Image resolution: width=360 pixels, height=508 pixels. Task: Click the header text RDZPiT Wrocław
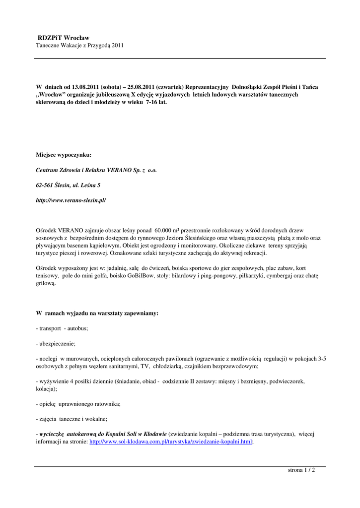point(64,38)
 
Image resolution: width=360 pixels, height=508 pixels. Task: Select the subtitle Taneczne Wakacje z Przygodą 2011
point(79,46)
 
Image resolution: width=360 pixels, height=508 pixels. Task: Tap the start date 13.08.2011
point(87,86)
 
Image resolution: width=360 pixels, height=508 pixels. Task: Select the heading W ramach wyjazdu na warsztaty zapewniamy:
point(97,314)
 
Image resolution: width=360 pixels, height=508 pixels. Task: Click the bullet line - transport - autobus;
point(62,328)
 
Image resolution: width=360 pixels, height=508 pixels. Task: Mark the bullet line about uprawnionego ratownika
point(78,404)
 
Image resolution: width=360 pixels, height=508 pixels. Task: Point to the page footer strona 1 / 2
point(301,470)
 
